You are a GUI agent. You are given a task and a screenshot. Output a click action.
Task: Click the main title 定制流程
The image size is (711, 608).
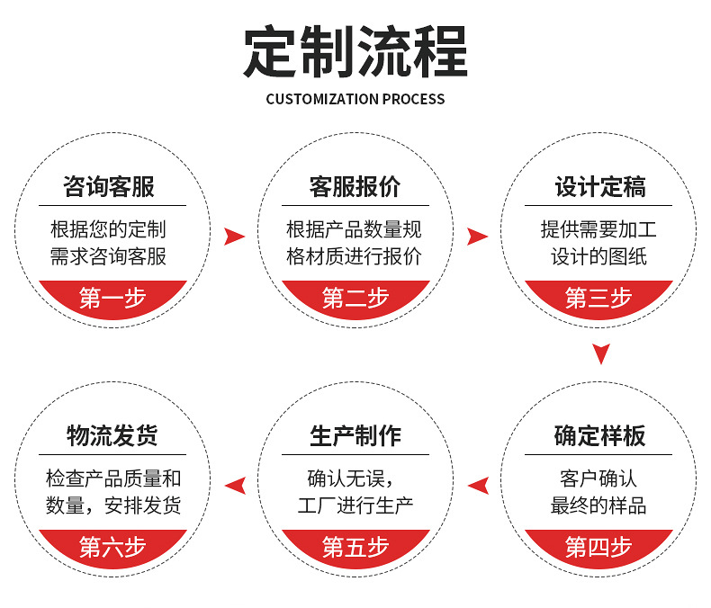tap(355, 52)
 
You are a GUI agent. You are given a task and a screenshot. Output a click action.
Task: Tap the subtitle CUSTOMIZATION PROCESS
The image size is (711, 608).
tap(355, 99)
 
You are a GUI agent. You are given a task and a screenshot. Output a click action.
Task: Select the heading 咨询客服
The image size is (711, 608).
tap(112, 187)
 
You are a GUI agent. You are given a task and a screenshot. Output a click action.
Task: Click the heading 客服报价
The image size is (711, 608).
tap(355, 187)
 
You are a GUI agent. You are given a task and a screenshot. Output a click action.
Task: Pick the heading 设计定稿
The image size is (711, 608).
tap(599, 187)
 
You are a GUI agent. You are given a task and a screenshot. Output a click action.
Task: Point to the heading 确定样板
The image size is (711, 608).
tap(599, 436)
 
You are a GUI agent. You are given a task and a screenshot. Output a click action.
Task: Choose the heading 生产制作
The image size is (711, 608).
tap(355, 436)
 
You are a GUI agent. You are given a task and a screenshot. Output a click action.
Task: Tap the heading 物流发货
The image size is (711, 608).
tap(112, 436)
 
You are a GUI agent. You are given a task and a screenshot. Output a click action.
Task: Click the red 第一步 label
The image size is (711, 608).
tap(112, 298)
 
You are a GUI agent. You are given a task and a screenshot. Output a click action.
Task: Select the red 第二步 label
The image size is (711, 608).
tap(355, 298)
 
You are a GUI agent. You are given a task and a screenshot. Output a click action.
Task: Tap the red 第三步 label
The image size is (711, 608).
tap(599, 298)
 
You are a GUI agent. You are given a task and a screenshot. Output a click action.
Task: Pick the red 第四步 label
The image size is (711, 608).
tap(599, 546)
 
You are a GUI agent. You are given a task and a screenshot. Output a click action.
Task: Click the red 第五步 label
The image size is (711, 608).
tap(355, 546)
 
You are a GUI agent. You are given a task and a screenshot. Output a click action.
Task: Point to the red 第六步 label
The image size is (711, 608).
tap(112, 546)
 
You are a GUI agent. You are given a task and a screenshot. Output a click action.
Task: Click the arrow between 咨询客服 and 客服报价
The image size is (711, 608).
tap(234, 237)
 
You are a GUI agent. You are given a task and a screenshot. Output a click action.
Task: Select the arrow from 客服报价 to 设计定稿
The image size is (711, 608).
tap(477, 237)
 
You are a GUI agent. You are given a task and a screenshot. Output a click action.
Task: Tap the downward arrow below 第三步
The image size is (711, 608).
tap(601, 353)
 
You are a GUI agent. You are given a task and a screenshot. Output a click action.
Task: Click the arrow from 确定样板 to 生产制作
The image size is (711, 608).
tap(478, 486)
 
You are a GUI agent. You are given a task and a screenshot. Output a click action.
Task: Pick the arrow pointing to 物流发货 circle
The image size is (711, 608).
tap(235, 486)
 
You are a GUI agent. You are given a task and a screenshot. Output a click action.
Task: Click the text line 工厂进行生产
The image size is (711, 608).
tap(355, 505)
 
